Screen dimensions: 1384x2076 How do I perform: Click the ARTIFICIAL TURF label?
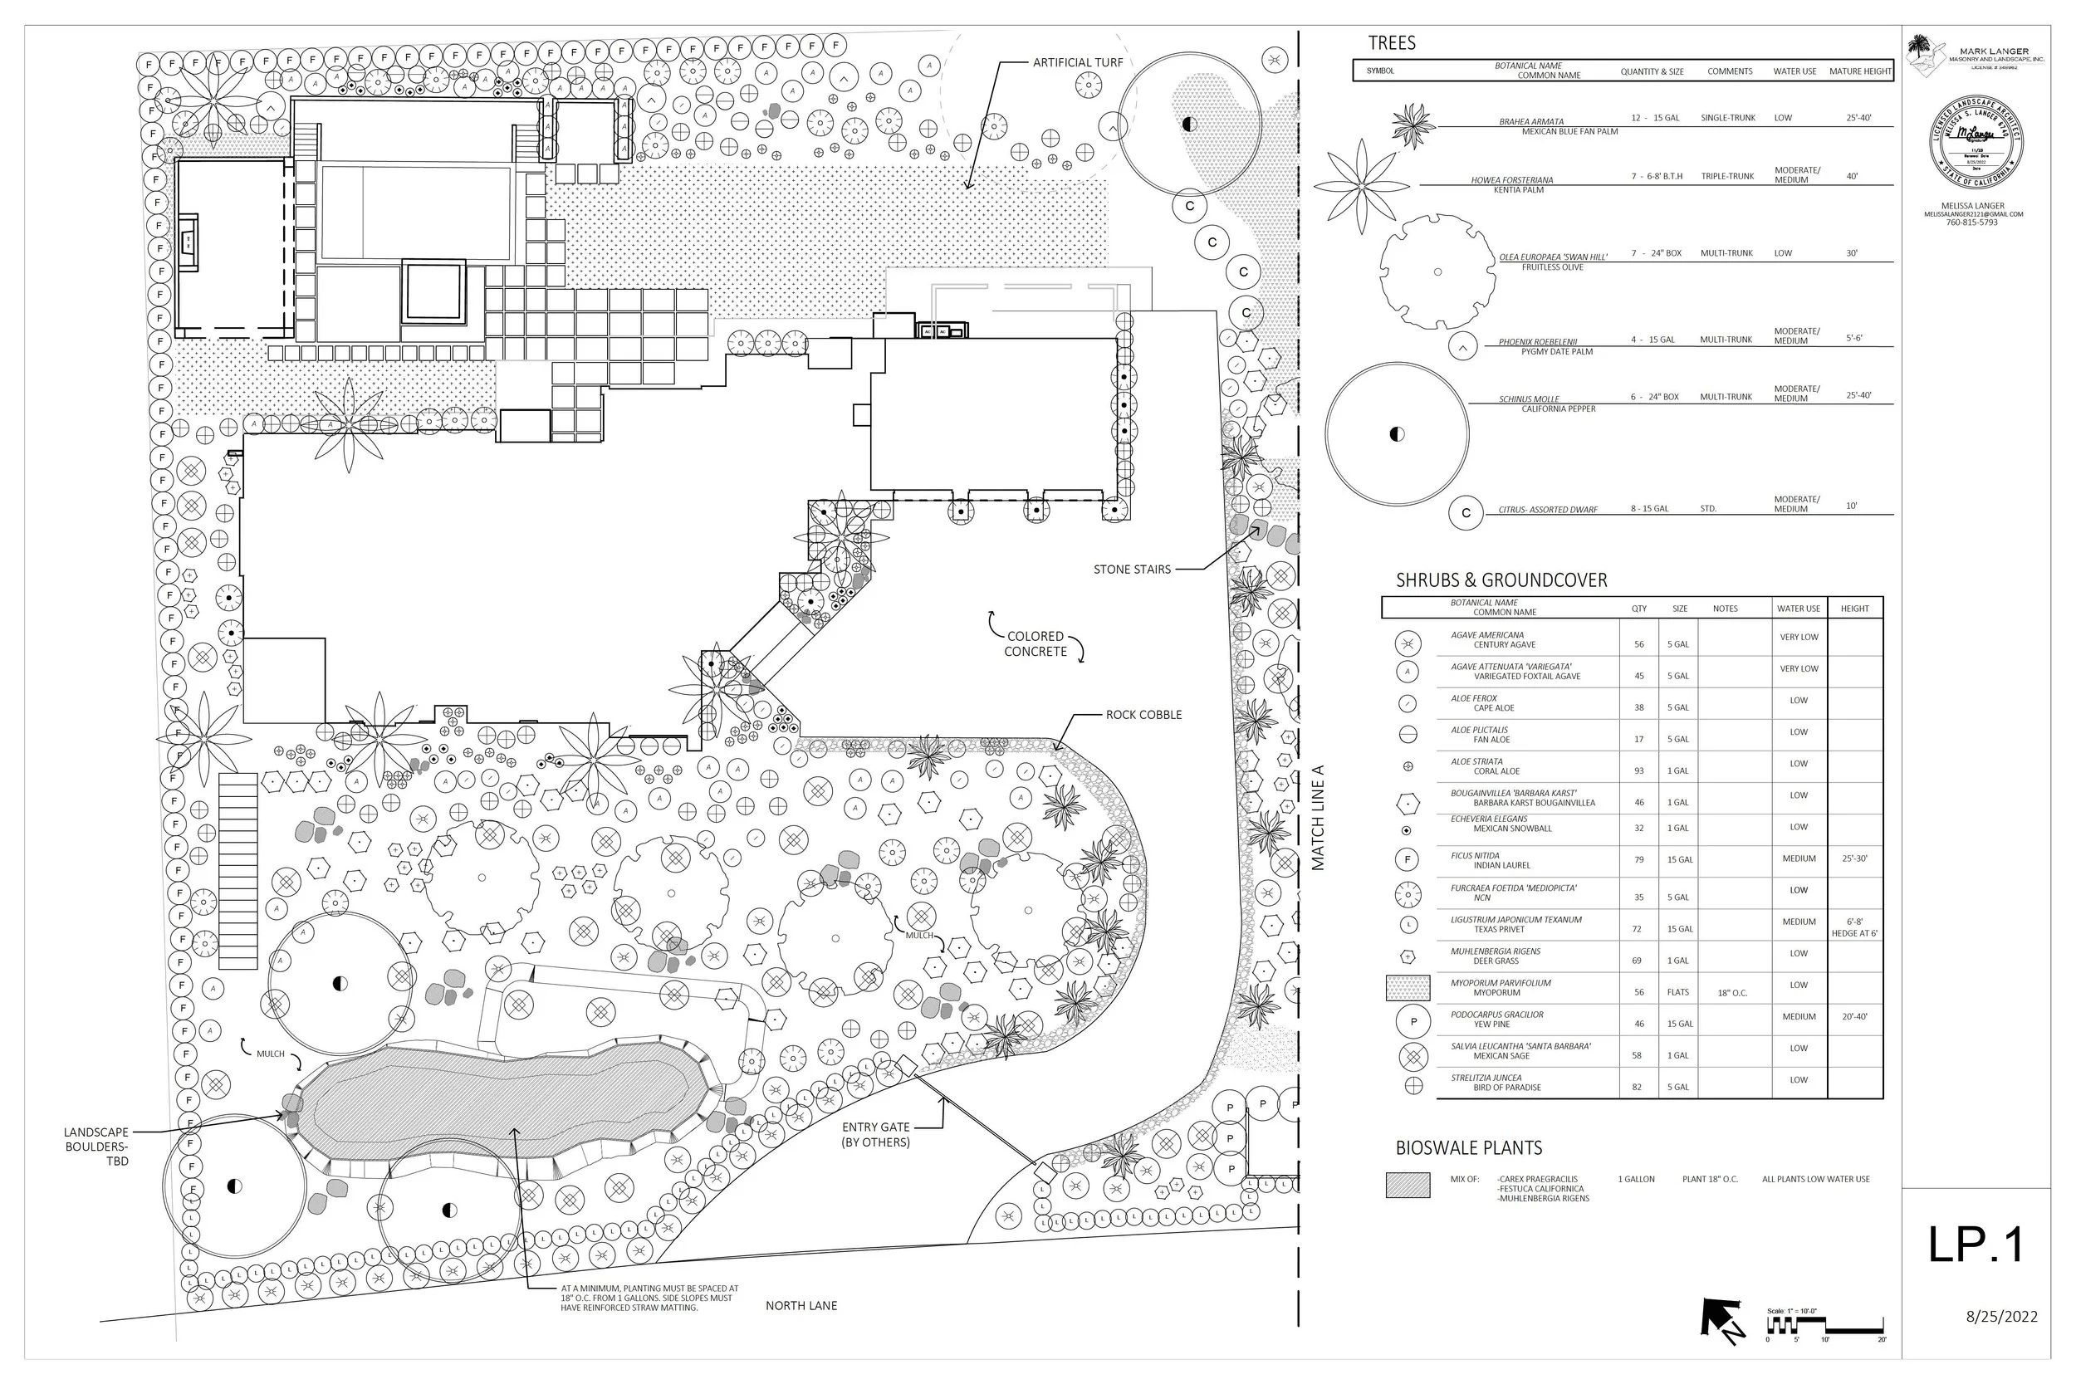tap(1077, 62)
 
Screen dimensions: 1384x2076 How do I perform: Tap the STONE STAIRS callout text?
tap(1132, 570)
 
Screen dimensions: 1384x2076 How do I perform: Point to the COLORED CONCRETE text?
tap(1036, 643)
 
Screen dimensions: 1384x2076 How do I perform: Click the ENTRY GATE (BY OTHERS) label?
tap(874, 1134)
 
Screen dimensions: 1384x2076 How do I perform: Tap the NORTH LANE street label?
tap(801, 1305)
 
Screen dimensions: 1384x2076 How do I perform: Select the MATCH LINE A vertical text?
tap(1318, 817)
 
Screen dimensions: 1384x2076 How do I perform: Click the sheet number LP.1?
tap(1975, 1245)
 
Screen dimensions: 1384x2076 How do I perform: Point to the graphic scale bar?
tap(1824, 1328)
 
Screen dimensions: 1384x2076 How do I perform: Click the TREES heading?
tap(1391, 43)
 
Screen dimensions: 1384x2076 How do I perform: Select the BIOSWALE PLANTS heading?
tap(1468, 1148)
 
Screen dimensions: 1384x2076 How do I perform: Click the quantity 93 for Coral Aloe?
tap(1638, 770)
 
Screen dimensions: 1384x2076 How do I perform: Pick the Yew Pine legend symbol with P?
tap(1413, 1021)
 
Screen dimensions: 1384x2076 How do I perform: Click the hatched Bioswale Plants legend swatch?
tap(1407, 1185)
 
